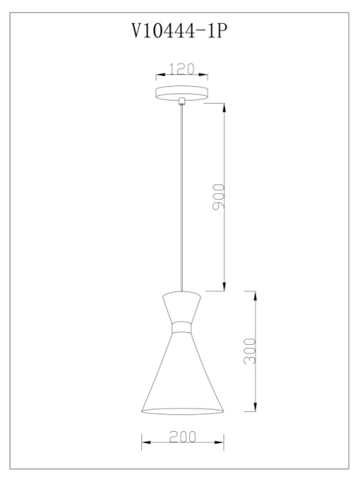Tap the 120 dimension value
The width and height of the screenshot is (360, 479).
(x=182, y=69)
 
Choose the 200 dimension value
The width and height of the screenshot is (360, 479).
(x=183, y=437)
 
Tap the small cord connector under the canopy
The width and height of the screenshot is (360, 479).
(x=183, y=101)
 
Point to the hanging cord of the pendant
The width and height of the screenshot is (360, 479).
(x=183, y=200)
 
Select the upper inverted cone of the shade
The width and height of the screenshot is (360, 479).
(x=182, y=307)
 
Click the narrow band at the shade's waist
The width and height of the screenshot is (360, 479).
(x=182, y=327)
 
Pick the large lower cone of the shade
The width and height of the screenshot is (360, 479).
(x=182, y=371)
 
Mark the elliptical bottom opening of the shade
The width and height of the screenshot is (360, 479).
(x=182, y=411)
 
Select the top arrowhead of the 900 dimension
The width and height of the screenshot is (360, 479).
(x=225, y=107)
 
